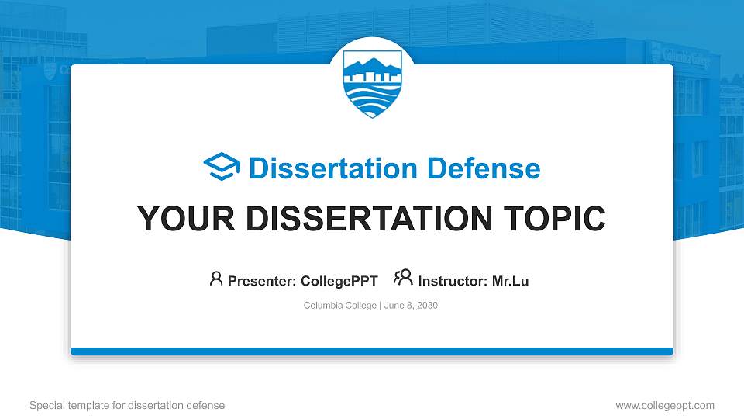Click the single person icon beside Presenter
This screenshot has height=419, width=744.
(x=216, y=279)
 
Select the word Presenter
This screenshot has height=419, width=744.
(x=255, y=281)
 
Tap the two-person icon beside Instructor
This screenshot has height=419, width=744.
(x=403, y=279)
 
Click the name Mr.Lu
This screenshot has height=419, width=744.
(x=511, y=281)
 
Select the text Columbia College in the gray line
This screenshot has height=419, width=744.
(x=340, y=306)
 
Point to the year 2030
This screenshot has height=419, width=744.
(x=427, y=306)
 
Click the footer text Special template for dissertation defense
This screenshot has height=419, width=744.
(x=127, y=405)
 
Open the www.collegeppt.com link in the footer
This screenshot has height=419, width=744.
(x=665, y=405)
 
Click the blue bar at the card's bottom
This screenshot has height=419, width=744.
(x=372, y=351)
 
